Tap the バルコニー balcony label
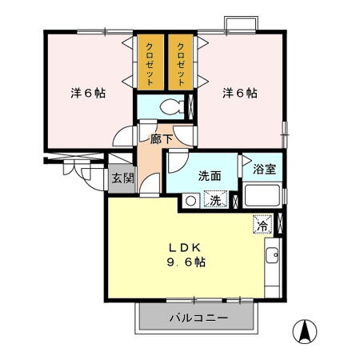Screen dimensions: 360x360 (x=198, y=318)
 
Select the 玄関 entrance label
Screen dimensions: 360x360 (x=122, y=178)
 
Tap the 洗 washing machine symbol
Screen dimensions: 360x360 (x=214, y=201)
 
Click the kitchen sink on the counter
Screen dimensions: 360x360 (x=271, y=257)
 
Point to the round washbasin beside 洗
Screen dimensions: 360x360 (x=190, y=201)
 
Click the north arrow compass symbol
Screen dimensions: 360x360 (x=306, y=330)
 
